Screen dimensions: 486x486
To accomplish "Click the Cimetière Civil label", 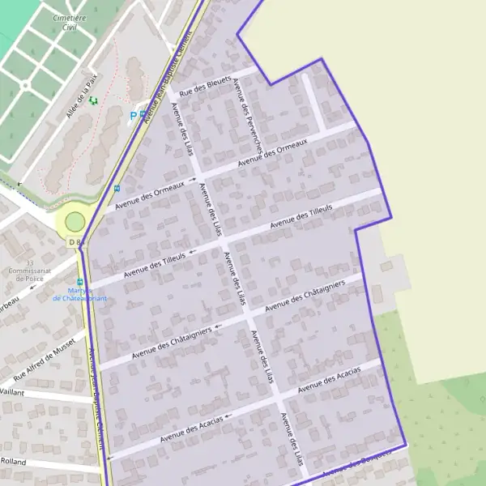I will (70, 22).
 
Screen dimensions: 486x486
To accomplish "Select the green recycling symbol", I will (93, 100).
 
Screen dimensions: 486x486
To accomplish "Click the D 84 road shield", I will (76, 242).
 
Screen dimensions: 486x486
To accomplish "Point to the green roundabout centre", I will (75, 221).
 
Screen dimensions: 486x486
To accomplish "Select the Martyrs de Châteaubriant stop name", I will (79, 294).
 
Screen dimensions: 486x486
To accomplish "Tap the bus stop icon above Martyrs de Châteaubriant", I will (79, 282).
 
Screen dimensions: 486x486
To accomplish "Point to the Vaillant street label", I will (11, 391).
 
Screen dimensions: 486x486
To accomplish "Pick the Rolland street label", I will (13, 462).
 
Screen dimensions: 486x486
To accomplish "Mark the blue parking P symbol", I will (134, 116).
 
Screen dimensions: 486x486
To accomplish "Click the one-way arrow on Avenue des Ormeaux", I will (193, 180).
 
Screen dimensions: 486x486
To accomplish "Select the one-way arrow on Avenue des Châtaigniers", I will (220, 326).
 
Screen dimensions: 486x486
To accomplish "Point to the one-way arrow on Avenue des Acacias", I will (228, 416).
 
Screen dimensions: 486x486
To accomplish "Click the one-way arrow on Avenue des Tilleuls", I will (192, 253).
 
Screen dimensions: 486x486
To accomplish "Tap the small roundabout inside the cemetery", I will (24, 85).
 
